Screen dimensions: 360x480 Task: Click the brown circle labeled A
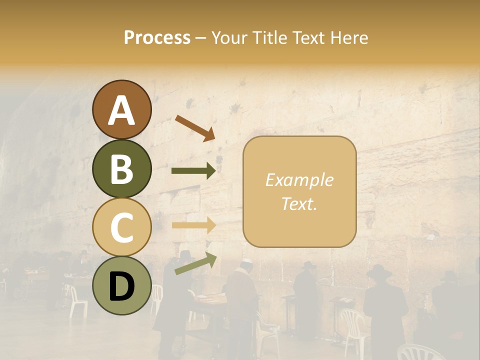pos(122,109)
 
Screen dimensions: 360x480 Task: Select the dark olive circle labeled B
pos(122,168)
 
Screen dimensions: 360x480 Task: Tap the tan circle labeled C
pos(122,227)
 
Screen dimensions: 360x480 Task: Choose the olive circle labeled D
pos(122,285)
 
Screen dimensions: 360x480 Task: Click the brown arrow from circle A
pos(194,128)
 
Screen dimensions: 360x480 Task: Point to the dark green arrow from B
pos(193,171)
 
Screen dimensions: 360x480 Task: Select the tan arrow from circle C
pos(193,225)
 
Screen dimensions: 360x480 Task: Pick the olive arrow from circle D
pos(195,263)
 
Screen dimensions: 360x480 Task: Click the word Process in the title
pos(157,37)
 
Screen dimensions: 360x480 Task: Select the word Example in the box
pos(299,180)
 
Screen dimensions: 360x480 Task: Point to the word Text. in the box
pos(299,203)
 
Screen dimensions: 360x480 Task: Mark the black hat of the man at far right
pos(450,275)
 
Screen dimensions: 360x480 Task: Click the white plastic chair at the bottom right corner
pos(420,352)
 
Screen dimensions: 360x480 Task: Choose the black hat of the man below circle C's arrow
pos(185,255)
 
